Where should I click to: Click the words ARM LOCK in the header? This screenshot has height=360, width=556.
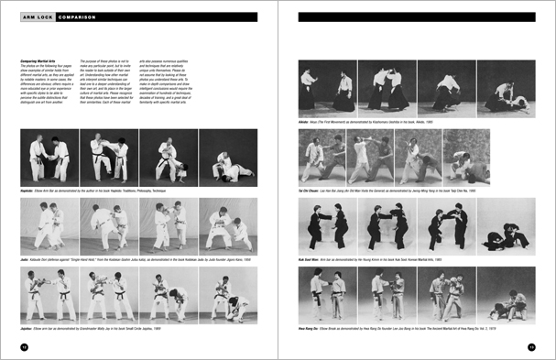click(36, 16)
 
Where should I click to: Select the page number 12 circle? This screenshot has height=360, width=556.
click(24, 346)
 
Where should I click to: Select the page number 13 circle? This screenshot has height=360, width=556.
click(531, 346)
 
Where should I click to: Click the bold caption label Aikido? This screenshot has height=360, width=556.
click(305, 118)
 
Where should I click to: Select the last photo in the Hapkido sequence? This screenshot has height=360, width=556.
click(226, 158)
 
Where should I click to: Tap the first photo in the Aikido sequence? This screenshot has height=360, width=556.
click(322, 86)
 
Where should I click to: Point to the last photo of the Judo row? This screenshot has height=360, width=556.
click(226, 227)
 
